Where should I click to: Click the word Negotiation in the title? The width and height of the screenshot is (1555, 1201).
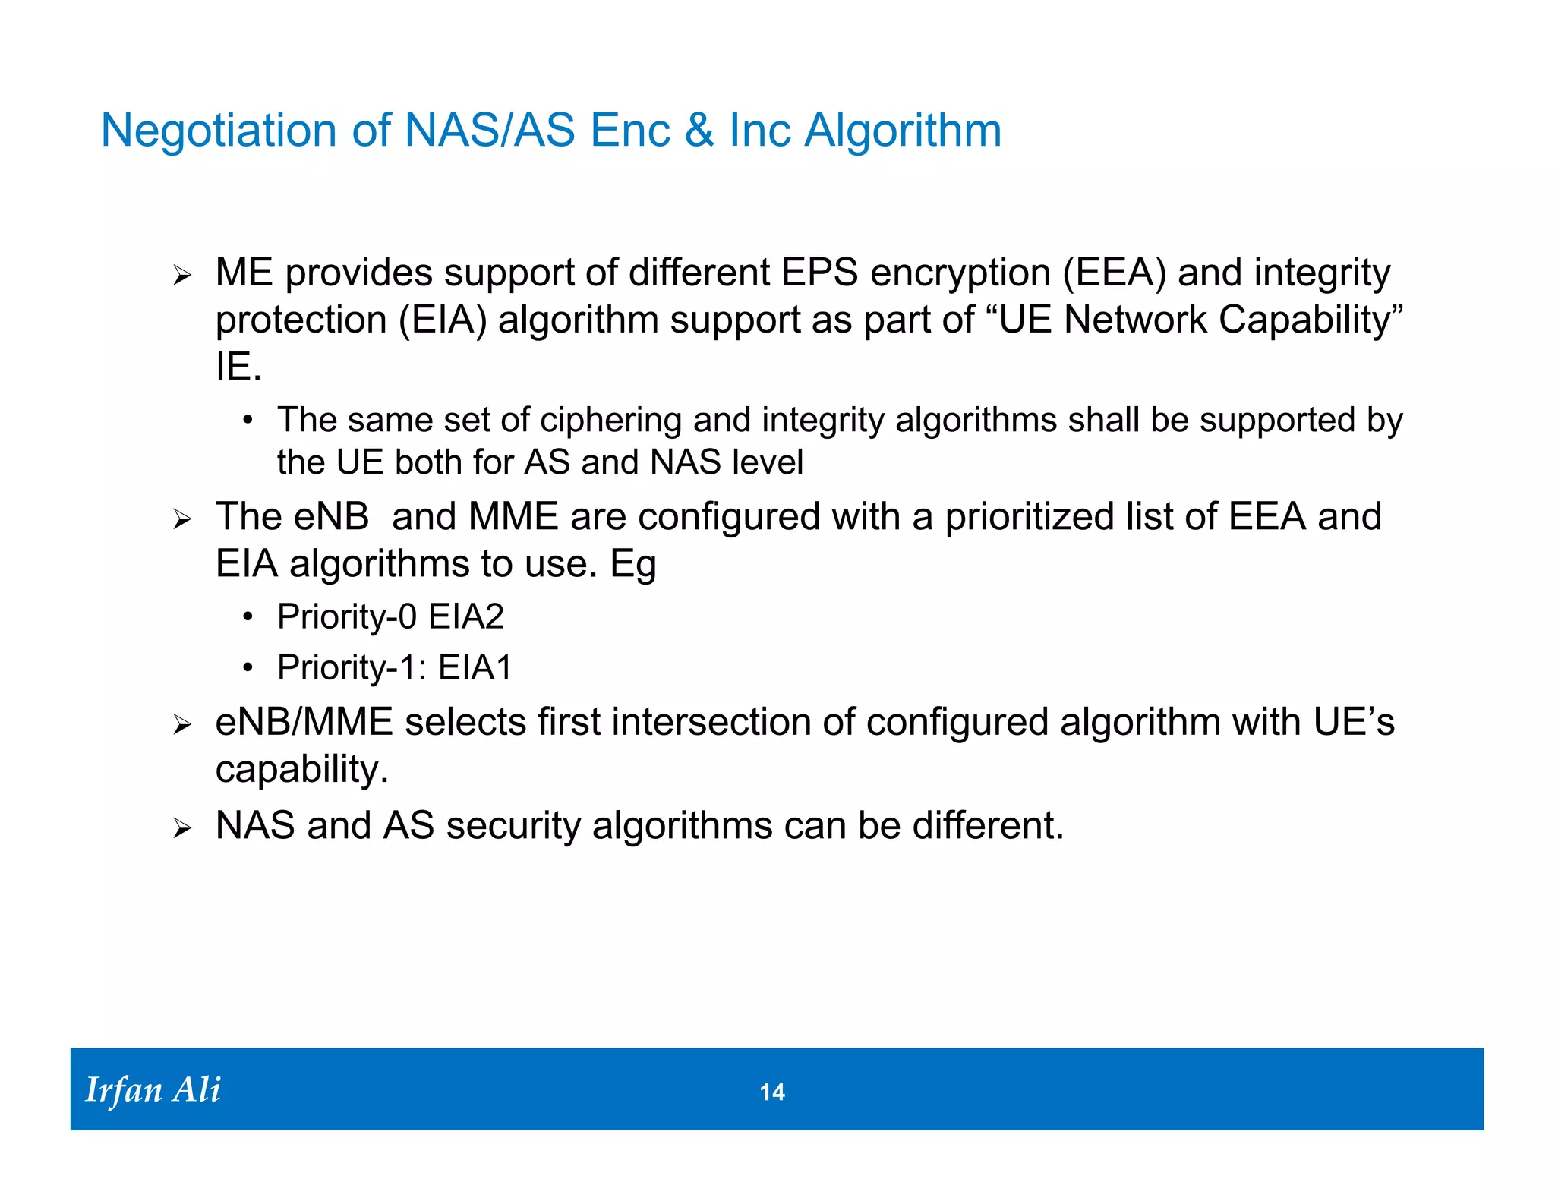pos(219,130)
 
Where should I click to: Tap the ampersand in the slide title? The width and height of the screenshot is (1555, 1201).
pos(699,130)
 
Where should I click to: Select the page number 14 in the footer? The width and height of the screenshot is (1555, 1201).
pos(772,1092)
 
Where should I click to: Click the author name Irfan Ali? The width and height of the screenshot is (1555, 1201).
pos(153,1090)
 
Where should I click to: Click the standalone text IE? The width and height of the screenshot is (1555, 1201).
pos(238,367)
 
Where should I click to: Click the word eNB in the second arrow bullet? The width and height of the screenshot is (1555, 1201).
pos(331,517)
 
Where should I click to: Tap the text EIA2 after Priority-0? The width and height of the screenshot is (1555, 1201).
pos(465,616)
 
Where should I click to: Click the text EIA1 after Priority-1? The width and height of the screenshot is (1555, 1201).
pos(475,668)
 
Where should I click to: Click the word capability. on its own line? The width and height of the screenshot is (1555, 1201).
pos(301,770)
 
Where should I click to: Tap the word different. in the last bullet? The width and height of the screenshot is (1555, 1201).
pos(988,825)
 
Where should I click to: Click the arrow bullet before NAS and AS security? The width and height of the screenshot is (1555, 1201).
pos(181,828)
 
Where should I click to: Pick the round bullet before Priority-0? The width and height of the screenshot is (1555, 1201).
pos(248,617)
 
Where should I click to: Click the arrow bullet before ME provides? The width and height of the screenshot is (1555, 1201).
pos(181,276)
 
